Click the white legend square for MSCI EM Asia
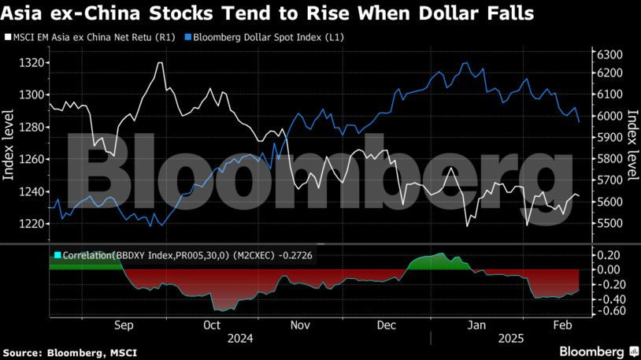click(7, 37)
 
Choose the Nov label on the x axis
click(300, 324)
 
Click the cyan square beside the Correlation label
click(57, 255)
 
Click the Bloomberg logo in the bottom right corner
click(592, 350)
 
